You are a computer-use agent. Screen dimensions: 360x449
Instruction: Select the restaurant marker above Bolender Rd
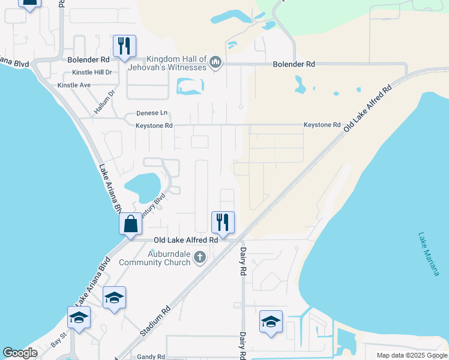point(124,46)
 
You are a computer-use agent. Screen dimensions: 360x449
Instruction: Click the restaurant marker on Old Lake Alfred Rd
point(223,223)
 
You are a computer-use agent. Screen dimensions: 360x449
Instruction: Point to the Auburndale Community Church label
point(155,258)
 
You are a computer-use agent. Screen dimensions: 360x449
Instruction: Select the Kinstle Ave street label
point(74,85)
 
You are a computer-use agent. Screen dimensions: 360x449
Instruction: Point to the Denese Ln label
point(152,113)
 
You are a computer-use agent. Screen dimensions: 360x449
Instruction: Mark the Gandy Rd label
point(151,356)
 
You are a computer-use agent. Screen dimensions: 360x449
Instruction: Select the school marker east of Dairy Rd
point(271,322)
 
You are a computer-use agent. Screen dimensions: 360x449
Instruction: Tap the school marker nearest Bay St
point(78,318)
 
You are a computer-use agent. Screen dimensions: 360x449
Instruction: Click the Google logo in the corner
point(20,353)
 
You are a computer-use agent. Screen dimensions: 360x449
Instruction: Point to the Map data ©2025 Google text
point(411,355)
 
